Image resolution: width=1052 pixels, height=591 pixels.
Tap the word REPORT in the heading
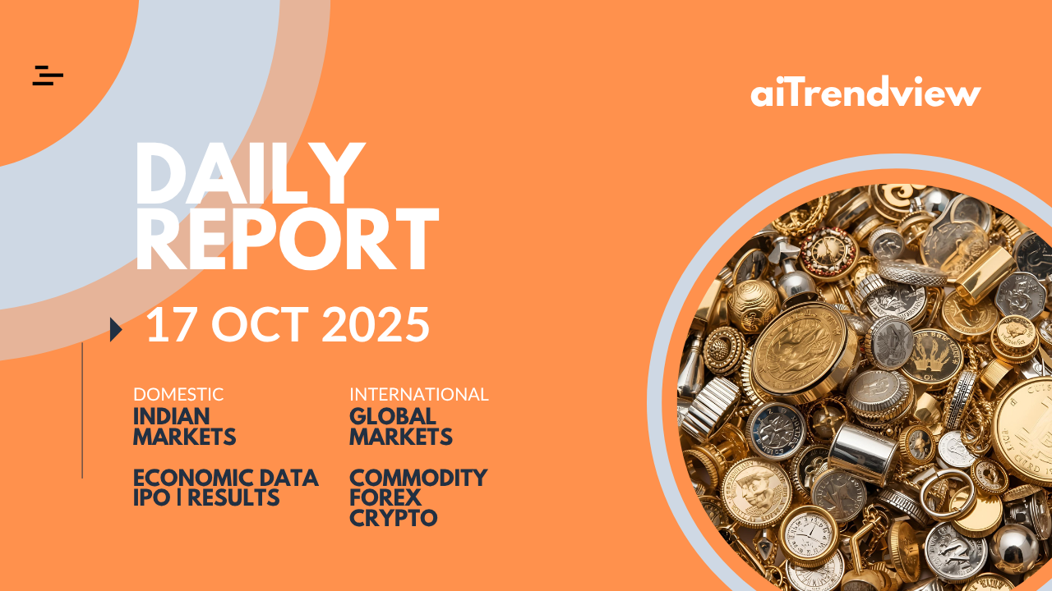[287, 238]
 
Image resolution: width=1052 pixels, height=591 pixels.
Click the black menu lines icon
[48, 76]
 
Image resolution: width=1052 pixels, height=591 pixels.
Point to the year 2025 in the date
[376, 324]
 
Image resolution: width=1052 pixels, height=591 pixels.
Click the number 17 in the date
[169, 324]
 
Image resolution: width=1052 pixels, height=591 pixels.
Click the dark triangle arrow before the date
[116, 329]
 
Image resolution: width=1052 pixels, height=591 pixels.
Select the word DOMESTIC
[178, 395]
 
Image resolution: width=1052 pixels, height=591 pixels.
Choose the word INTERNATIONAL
[419, 395]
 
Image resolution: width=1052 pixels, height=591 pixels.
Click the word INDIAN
[172, 416]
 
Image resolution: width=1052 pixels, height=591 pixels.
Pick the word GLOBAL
[393, 416]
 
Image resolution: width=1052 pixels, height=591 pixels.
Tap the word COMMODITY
[418, 478]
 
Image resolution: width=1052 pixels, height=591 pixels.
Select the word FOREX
[385, 497]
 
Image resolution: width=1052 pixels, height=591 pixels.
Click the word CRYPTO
[394, 518]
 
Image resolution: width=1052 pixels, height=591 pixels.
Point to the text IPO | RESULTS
[206, 497]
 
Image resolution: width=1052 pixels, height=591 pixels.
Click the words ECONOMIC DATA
[226, 478]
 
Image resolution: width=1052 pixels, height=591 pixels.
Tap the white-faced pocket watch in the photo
[809, 536]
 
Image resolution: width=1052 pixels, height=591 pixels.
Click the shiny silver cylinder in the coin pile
[863, 453]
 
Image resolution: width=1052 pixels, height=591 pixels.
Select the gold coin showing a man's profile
[757, 492]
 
